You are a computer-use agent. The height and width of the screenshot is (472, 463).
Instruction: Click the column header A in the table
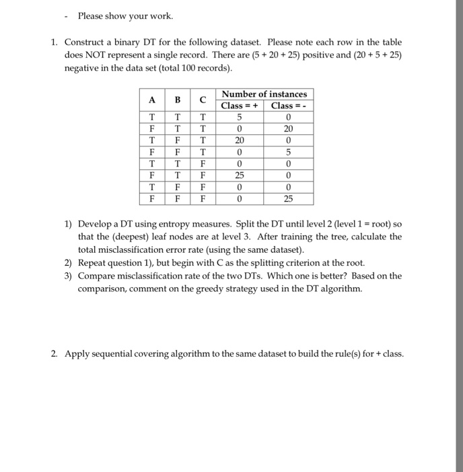point(153,100)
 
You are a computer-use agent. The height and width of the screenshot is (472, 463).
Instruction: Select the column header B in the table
point(178,100)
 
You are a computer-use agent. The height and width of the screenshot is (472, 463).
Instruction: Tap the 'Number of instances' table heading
point(264,94)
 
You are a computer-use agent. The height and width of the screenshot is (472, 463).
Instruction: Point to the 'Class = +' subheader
point(240,106)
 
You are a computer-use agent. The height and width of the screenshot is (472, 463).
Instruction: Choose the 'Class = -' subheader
point(289,106)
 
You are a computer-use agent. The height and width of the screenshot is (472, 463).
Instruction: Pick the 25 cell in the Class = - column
point(289,199)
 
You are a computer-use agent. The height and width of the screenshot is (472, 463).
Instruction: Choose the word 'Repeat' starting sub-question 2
point(92,262)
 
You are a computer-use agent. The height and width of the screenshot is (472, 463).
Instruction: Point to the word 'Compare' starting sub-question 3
point(97,275)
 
